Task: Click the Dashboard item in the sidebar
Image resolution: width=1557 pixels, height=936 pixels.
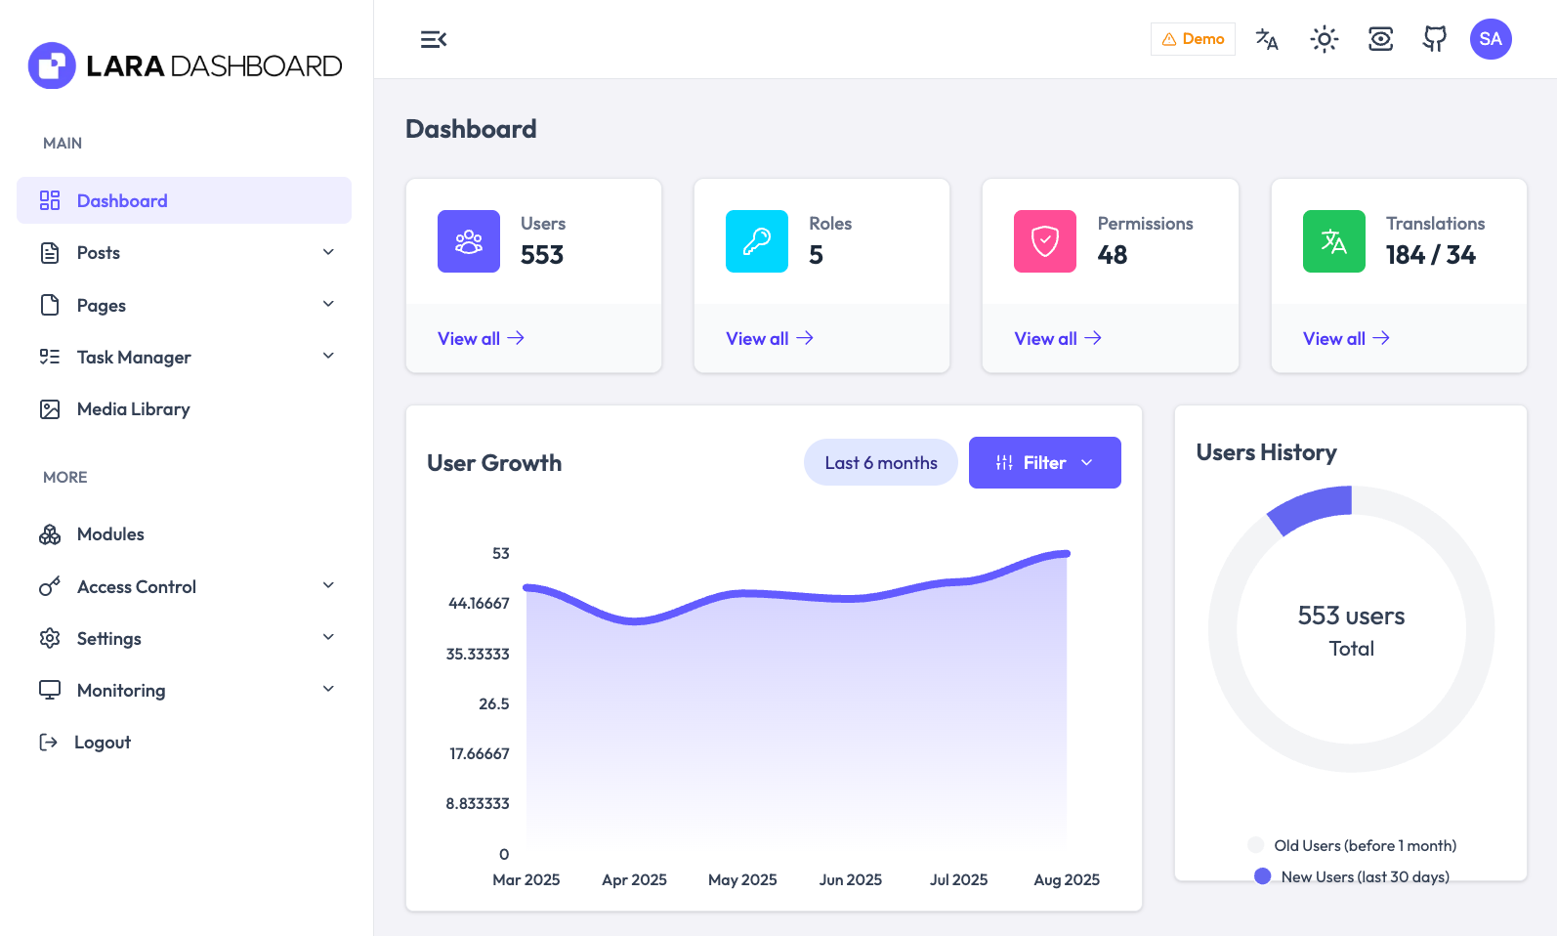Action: [x=122, y=201]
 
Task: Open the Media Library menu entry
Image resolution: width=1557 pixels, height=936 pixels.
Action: [x=133, y=409]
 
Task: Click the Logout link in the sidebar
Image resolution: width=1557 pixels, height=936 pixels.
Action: [x=102, y=743]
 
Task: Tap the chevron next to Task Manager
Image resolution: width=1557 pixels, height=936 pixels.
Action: [x=328, y=356]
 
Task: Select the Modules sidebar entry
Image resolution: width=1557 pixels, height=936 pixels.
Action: [x=110, y=534]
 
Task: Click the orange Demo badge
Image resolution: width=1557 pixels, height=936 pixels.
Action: [x=1193, y=39]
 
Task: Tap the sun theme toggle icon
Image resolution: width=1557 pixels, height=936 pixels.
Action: [x=1324, y=39]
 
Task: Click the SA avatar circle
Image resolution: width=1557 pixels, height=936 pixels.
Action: [x=1490, y=39]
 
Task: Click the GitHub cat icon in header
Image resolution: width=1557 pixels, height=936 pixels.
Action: [x=1434, y=39]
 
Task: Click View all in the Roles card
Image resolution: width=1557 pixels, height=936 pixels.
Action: [x=769, y=338]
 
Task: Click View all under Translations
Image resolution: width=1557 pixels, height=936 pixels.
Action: [x=1345, y=338]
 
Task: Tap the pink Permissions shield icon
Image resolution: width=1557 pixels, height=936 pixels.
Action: [x=1044, y=241]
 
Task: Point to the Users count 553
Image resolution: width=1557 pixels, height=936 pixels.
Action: [x=542, y=255]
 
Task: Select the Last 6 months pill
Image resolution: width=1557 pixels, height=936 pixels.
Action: [x=880, y=463]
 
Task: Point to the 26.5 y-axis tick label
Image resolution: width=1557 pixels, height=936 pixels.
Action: [x=493, y=703]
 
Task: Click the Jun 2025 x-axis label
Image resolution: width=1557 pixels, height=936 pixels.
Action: [x=850, y=879]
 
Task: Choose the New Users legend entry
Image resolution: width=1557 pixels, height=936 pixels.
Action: [x=1364, y=876]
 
